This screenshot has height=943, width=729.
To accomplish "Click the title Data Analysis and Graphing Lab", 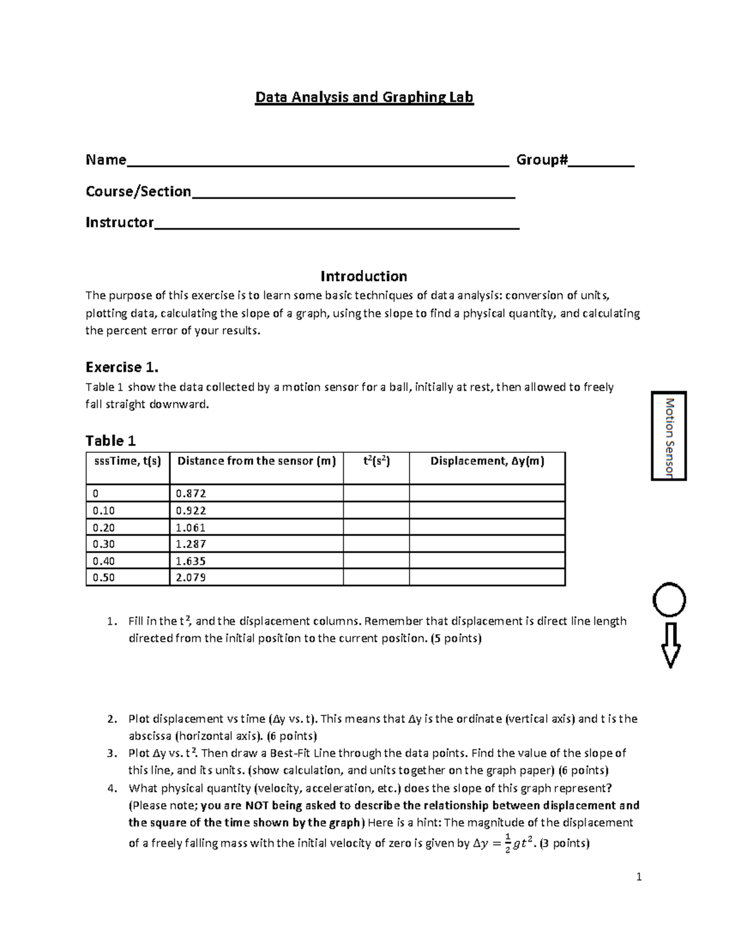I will [x=364, y=97].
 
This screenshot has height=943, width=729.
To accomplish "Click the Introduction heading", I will [x=363, y=276].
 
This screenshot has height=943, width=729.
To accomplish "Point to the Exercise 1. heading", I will [x=122, y=367].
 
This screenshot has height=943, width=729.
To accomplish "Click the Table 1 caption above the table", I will [x=111, y=440].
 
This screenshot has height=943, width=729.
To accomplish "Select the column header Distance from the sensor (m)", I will [x=256, y=461].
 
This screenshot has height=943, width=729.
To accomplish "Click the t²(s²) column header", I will [x=376, y=461].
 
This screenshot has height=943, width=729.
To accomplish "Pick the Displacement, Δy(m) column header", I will [x=487, y=461].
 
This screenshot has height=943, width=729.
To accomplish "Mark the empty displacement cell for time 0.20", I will [x=487, y=528].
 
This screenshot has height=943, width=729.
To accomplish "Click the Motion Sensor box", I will [x=669, y=436].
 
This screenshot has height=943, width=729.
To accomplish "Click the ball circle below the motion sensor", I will [x=669, y=601].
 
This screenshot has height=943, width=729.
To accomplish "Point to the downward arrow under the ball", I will [x=670, y=645].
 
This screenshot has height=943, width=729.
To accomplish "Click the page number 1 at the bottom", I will [x=638, y=876].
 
